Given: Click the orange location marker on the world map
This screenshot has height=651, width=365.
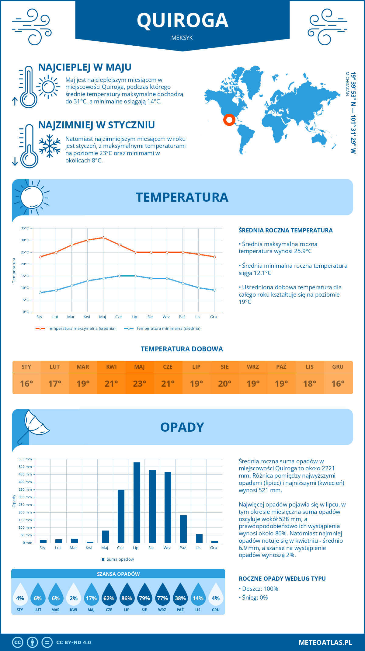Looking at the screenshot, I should point(229,120).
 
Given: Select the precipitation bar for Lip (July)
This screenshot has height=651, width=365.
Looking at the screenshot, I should point(137,503).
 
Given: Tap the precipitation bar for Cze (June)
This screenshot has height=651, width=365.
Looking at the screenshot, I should point(121,516).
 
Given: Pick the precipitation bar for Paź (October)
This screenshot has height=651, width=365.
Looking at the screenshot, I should point(183,529).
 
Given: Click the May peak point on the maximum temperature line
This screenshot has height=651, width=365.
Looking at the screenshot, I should point(104,238).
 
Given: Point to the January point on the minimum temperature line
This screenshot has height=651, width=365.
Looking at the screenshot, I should point(40,293).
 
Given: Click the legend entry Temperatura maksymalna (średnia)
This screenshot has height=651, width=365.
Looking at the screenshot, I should point(76,329).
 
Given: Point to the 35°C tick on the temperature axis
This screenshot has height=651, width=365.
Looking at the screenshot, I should point(25,228).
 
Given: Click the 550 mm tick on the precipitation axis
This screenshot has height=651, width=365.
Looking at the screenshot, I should point(25,459).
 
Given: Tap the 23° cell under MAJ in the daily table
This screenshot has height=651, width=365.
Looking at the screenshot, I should point(140,384).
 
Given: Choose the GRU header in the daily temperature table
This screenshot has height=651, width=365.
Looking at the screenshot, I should point(338,367).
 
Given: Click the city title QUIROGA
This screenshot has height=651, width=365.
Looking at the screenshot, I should point(182,20).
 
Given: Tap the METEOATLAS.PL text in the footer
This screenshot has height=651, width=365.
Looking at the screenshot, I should point(325,642).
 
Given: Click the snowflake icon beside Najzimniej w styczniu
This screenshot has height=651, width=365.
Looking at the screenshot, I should point(50,146).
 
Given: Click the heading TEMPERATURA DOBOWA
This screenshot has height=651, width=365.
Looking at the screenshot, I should point(182,349).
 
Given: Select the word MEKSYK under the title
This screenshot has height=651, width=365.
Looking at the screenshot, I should point(182,38).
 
